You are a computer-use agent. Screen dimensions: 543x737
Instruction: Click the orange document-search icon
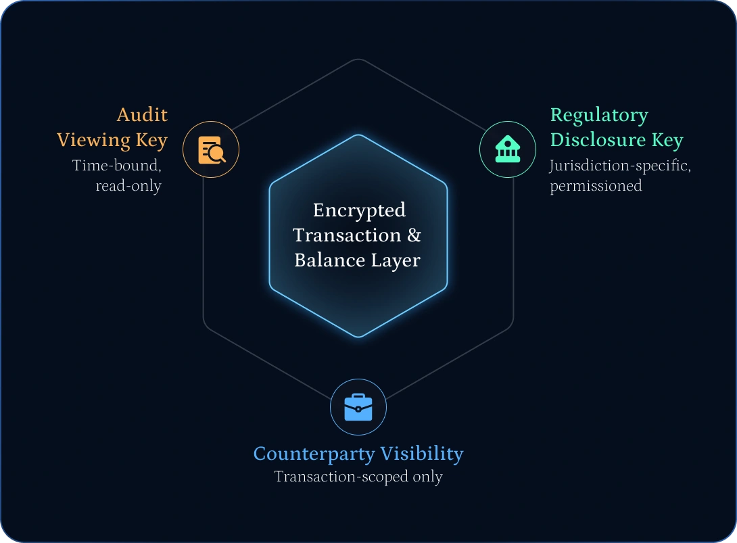(x=211, y=149)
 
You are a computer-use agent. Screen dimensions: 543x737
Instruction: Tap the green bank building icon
(x=508, y=149)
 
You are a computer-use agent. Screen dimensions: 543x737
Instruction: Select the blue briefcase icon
(x=358, y=407)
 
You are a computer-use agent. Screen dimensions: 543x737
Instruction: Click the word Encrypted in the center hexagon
(x=359, y=210)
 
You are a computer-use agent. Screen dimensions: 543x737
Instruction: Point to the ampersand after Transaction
(x=414, y=235)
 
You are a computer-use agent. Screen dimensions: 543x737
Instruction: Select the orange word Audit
(x=142, y=115)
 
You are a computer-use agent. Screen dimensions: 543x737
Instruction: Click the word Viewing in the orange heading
(x=93, y=140)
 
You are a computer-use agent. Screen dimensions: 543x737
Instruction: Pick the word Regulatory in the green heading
(x=599, y=116)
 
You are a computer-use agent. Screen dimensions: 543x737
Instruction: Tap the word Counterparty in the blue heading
(x=313, y=453)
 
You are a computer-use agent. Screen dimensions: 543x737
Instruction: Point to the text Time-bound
(x=117, y=165)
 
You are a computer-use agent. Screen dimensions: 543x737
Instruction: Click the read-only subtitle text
(x=128, y=186)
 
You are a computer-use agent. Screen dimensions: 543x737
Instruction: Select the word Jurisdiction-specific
(x=620, y=166)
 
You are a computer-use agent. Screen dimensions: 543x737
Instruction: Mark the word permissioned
(x=596, y=186)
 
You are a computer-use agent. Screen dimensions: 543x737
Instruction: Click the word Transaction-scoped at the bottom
(x=341, y=477)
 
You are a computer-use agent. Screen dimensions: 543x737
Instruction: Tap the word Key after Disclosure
(x=667, y=140)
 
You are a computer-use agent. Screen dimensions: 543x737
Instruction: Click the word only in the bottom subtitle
(x=427, y=477)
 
